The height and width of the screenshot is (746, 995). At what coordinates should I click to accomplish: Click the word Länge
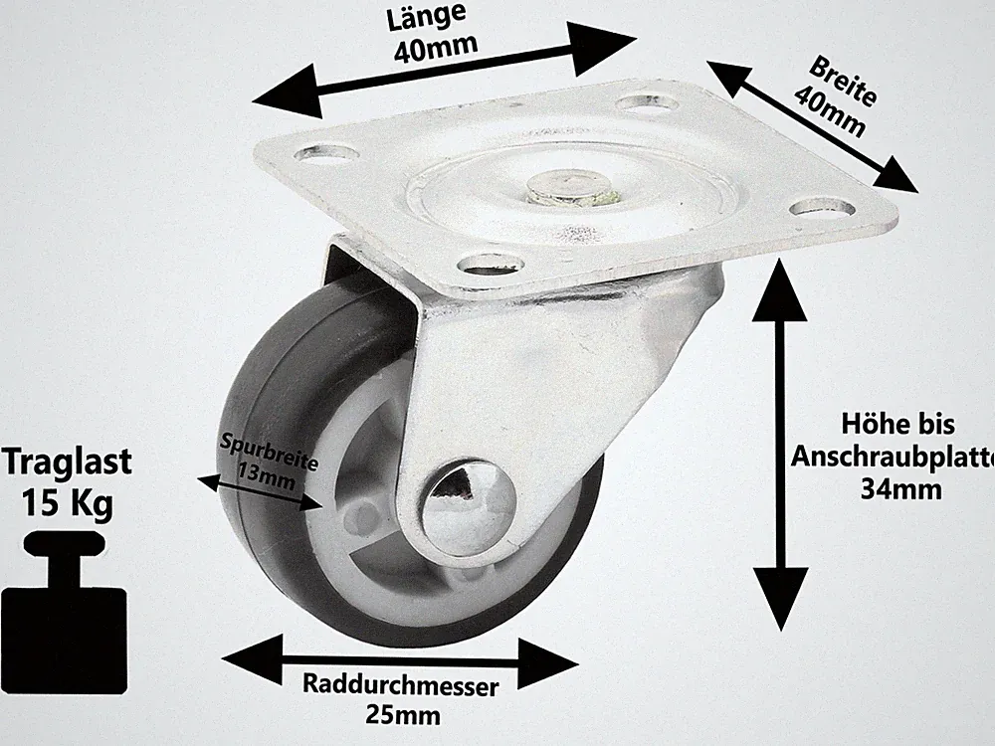(426, 17)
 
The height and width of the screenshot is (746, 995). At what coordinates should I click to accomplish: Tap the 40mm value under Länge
(436, 48)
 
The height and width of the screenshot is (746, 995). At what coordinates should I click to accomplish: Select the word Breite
(843, 82)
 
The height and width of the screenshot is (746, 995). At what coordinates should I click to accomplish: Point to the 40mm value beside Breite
(830, 111)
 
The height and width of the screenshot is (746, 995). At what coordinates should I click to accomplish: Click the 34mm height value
(900, 488)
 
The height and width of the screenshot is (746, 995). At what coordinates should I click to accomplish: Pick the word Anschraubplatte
(893, 457)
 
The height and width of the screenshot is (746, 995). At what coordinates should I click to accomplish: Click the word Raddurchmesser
(400, 685)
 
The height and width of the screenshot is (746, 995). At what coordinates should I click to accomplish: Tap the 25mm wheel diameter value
(402, 715)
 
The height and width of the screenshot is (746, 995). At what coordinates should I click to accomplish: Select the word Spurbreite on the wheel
(269, 451)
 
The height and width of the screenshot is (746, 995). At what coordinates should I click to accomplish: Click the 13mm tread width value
(267, 475)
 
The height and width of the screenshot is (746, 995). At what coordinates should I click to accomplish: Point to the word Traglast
(67, 462)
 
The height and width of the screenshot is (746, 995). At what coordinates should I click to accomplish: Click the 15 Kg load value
(68, 502)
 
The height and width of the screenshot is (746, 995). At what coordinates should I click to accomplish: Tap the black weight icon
(64, 612)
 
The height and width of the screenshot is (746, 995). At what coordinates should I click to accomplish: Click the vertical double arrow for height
(780, 445)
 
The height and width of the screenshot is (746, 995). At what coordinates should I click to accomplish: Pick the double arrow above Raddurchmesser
(400, 661)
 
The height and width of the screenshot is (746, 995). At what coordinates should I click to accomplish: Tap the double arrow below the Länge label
(444, 71)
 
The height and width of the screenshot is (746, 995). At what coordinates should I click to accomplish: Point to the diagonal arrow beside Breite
(812, 126)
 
